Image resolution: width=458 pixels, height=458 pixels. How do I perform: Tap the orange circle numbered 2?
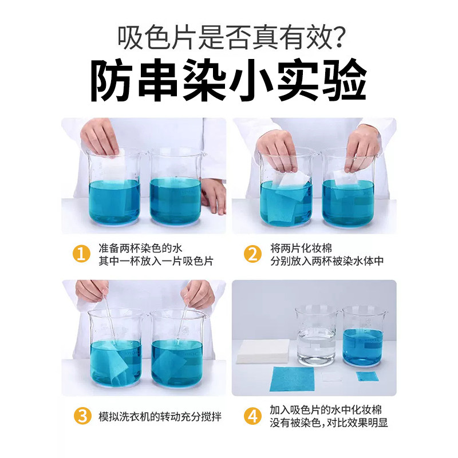point(252,254)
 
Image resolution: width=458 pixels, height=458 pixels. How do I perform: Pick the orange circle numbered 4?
point(252,416)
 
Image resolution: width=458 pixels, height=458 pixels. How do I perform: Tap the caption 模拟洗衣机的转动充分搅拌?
point(160,416)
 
